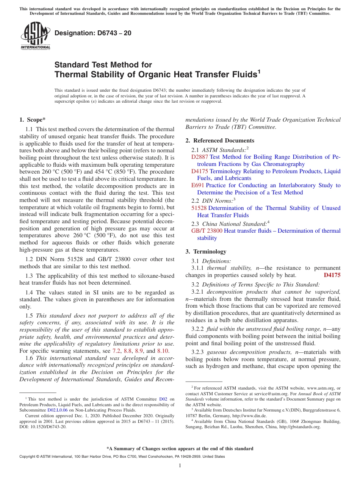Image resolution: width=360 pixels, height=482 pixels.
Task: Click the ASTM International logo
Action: (35, 36)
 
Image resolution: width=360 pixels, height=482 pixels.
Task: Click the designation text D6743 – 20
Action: (93, 33)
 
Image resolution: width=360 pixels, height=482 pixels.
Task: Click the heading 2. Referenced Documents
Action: (220, 141)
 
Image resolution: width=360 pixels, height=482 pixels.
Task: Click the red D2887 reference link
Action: (199, 157)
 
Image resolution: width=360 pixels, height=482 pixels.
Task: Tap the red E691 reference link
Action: (198, 185)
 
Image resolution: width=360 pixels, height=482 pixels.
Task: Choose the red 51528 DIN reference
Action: (199, 208)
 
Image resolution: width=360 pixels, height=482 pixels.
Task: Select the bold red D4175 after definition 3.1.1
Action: (332, 275)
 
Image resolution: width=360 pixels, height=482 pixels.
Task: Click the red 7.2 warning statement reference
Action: (116, 351)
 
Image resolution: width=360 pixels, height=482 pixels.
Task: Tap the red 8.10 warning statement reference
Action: (163, 351)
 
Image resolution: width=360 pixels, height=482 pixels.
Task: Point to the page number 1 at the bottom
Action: (180, 466)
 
